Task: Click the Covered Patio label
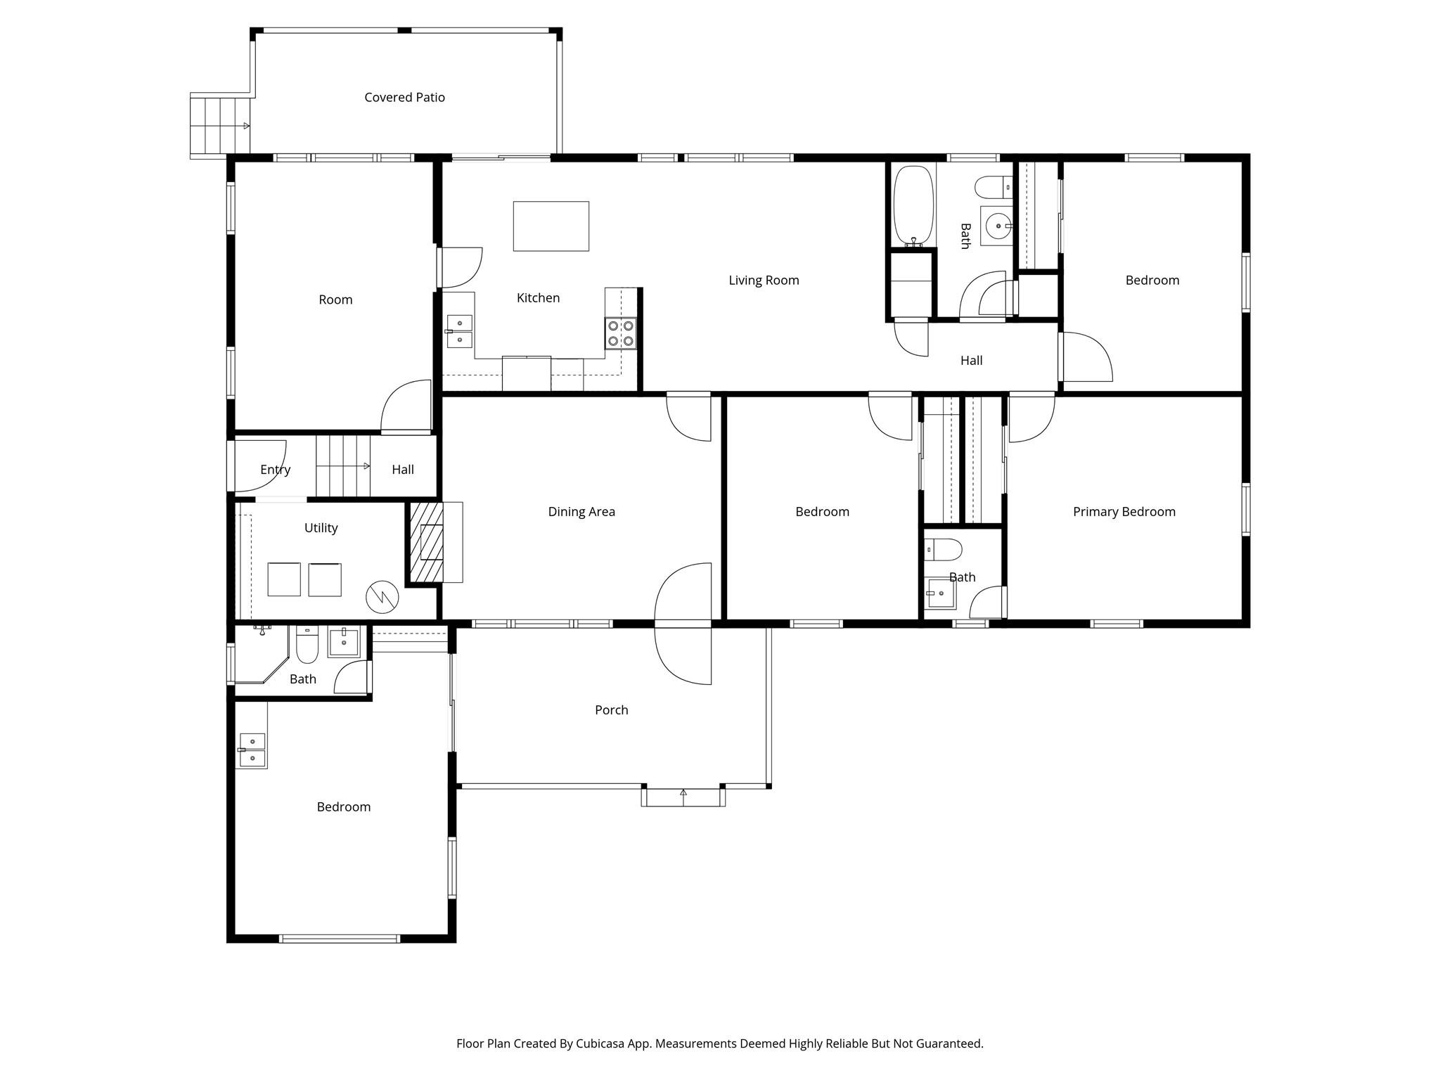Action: click(x=404, y=98)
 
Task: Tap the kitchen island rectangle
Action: click(x=551, y=226)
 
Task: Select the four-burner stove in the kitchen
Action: click(x=620, y=333)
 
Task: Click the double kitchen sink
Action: click(x=460, y=331)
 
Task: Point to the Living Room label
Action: click(x=764, y=281)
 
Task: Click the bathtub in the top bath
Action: click(x=913, y=205)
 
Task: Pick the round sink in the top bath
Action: click(x=997, y=226)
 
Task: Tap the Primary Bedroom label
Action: click(x=1124, y=512)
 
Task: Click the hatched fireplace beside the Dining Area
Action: click(x=426, y=541)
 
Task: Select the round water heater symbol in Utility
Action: click(x=382, y=598)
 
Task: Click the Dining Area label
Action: click(x=581, y=512)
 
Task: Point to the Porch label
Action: click(x=611, y=710)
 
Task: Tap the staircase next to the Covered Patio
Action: click(x=220, y=126)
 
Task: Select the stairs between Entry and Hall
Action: click(x=342, y=466)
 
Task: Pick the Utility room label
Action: click(x=321, y=528)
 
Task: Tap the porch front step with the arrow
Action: click(x=683, y=797)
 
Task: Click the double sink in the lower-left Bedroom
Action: click(x=251, y=750)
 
